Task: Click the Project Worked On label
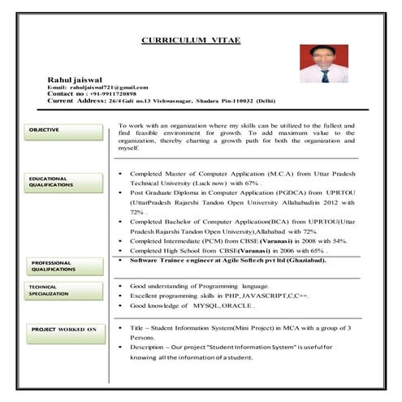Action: click(64, 329)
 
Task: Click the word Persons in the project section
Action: click(143, 336)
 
